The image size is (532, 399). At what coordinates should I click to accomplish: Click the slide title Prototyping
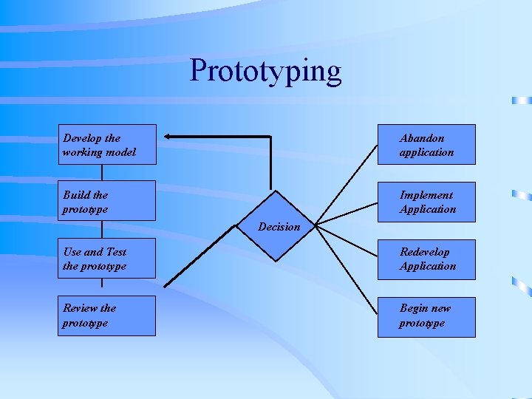265,71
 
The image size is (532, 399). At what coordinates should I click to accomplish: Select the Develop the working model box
107,144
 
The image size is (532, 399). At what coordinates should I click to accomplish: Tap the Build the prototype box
107,201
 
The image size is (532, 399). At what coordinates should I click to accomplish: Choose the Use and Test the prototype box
107,259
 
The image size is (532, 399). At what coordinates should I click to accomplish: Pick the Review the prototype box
107,316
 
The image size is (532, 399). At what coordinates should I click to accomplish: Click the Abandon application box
426,144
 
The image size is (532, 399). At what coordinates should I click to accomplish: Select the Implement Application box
426,202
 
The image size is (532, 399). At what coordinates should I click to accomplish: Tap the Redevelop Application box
426,259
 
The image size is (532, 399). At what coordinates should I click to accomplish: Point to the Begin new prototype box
426,316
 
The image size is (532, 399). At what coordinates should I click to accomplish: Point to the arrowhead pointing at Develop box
168,136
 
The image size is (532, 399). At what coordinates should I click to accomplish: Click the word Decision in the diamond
279,227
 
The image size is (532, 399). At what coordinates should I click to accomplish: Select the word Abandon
422,138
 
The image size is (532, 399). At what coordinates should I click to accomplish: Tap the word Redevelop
424,252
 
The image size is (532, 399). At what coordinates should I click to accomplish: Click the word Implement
426,195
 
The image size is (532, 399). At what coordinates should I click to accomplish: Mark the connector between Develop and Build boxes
102,172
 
